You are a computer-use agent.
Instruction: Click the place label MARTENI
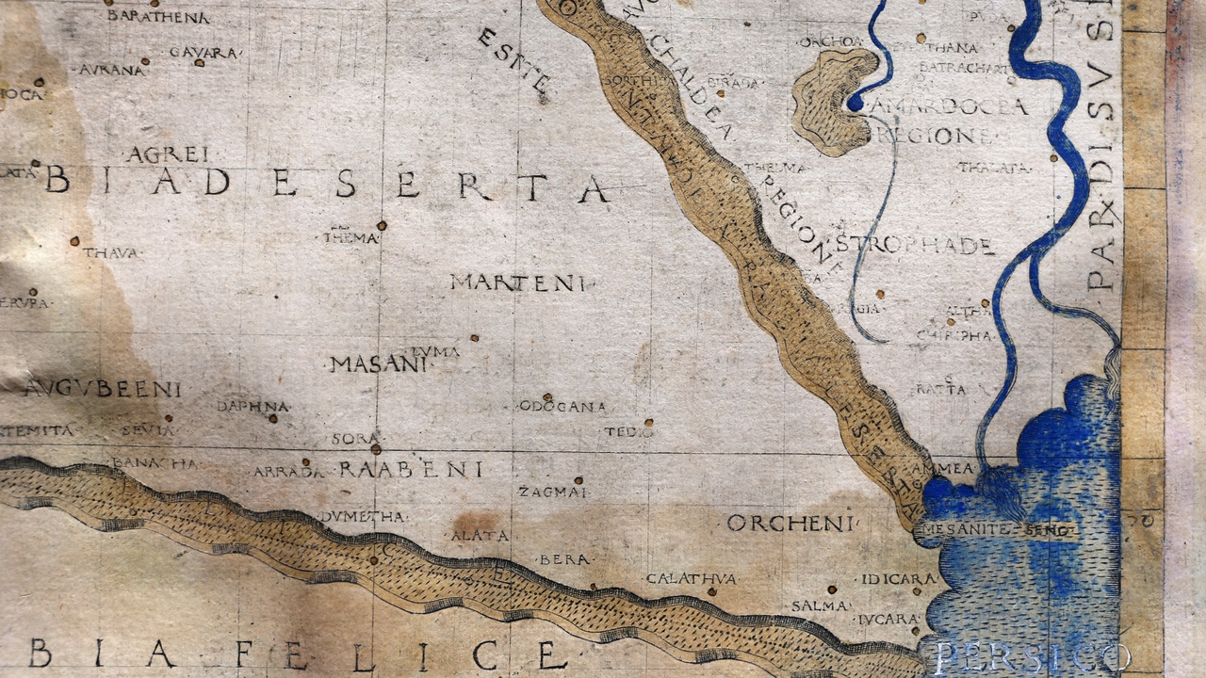[517, 282]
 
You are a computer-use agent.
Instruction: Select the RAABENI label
[411, 469]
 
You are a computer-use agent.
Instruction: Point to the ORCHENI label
[790, 524]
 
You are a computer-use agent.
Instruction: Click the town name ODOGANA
[562, 407]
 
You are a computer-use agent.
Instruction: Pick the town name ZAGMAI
[553, 492]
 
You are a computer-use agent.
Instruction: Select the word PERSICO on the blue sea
[1032, 656]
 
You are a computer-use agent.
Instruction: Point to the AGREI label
[168, 154]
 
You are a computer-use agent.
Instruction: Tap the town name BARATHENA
[158, 16]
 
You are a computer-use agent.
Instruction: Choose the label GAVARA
[203, 53]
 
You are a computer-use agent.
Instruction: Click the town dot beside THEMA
[382, 225]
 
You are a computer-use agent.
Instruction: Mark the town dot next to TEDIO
[648, 423]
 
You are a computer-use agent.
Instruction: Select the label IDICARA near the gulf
[898, 578]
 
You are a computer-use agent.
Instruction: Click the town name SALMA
[819, 605]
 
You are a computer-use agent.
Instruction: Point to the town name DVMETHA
[363, 516]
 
